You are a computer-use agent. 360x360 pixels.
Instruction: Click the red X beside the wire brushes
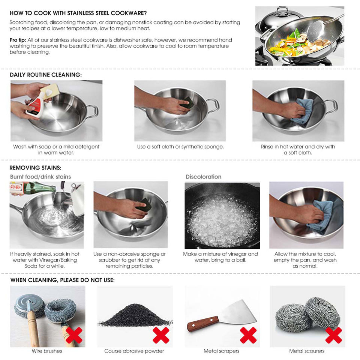pos(75,335)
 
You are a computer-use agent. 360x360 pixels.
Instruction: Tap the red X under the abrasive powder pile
pos(161,335)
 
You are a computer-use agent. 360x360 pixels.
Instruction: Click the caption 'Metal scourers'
pos(307,351)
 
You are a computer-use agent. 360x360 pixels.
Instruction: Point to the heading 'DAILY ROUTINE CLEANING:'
pos(45,75)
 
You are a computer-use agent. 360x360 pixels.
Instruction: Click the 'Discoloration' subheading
pos(204,177)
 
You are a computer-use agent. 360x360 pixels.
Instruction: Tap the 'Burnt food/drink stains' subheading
pos(40,177)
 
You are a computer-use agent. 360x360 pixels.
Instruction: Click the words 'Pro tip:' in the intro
pos(18,40)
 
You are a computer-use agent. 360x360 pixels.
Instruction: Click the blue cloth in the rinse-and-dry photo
pos(303,111)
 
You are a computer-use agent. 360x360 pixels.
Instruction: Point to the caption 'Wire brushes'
pos(47,351)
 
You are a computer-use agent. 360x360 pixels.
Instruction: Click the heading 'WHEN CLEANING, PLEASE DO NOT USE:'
pos(62,280)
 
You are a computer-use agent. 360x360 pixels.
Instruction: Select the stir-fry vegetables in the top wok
pos(296,43)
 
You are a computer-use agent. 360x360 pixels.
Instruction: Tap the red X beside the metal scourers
pos(333,335)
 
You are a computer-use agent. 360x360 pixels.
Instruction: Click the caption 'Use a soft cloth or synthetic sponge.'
pos(180,147)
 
